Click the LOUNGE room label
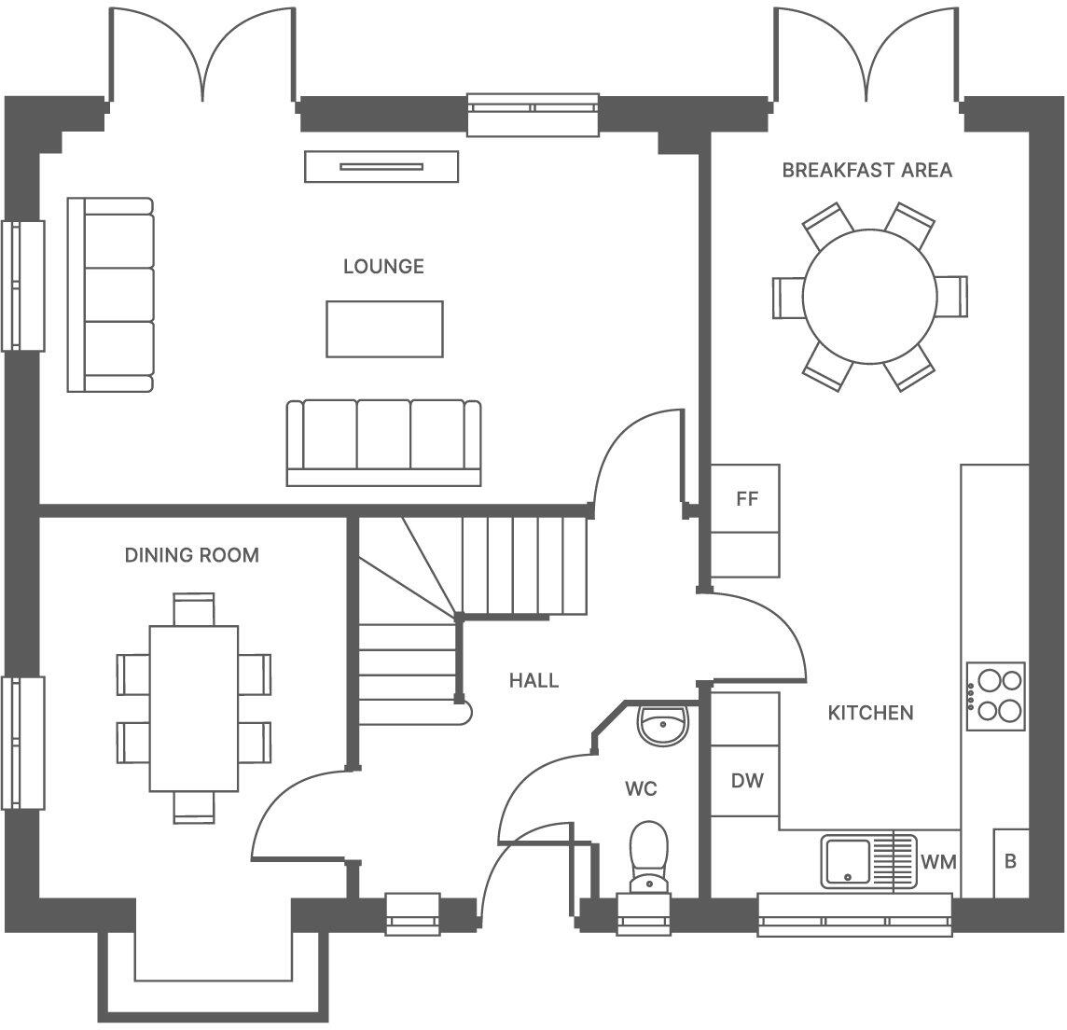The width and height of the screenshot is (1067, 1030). [x=383, y=267]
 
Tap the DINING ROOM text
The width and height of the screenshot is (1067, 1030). [x=191, y=556]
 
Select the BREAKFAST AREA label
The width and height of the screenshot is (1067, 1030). [x=866, y=170]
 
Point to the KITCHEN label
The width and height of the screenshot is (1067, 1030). [x=870, y=713]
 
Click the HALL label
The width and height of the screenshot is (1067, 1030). [x=533, y=680]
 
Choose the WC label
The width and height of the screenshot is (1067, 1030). [x=641, y=789]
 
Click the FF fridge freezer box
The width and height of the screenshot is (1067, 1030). [x=746, y=499]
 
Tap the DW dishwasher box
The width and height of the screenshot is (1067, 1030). [x=746, y=781]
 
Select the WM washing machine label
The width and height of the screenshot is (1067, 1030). [x=938, y=862]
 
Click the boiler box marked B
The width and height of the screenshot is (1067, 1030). [x=1010, y=862]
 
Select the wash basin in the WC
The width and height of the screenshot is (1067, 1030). [x=662, y=724]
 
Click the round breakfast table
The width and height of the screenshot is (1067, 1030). [x=869, y=297]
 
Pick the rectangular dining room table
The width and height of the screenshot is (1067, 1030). [x=194, y=708]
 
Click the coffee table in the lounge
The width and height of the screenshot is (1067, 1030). [x=384, y=328]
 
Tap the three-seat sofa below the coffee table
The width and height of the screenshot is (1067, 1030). [x=383, y=442]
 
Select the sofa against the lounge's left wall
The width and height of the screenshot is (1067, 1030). [x=110, y=295]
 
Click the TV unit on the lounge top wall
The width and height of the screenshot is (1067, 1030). [x=381, y=167]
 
